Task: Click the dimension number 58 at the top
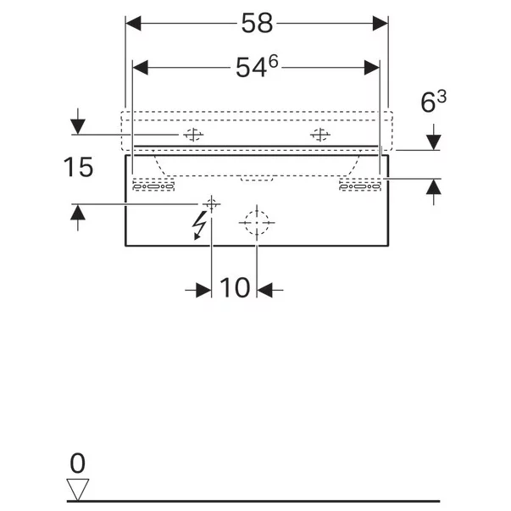click(257, 23)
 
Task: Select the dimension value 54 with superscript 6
click(257, 67)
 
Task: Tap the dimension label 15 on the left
click(78, 167)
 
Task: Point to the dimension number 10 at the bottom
click(235, 288)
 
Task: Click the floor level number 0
click(78, 463)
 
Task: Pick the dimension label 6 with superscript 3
click(433, 102)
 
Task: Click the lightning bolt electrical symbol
click(199, 225)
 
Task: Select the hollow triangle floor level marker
click(78, 490)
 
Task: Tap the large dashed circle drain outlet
click(257, 223)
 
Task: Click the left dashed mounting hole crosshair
click(193, 134)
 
